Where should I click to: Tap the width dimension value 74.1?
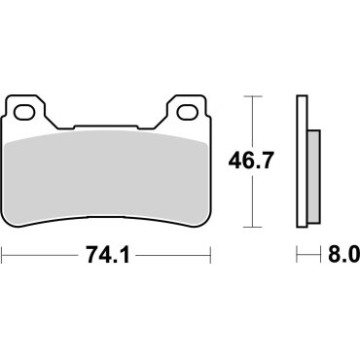(x=109, y=257)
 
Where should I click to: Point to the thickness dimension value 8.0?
(x=342, y=257)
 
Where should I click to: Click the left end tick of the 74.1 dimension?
(x=4, y=257)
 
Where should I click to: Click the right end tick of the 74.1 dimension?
(x=211, y=257)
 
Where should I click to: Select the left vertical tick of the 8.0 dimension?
(x=297, y=257)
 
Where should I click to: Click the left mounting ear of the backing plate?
(x=26, y=108)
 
